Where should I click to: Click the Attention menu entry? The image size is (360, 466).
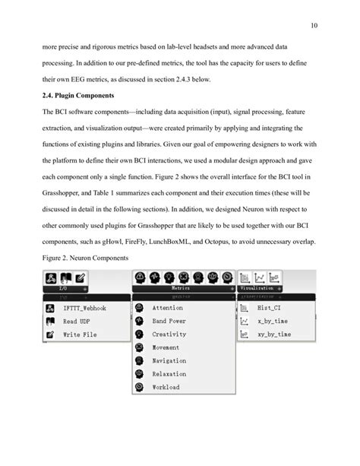[168, 308]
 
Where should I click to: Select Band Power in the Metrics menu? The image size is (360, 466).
[171, 321]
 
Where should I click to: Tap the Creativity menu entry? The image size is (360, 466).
[169, 334]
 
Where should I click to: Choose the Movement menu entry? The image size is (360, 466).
[168, 347]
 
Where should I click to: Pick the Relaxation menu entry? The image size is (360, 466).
[169, 373]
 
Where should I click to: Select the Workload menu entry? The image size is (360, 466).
[168, 386]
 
